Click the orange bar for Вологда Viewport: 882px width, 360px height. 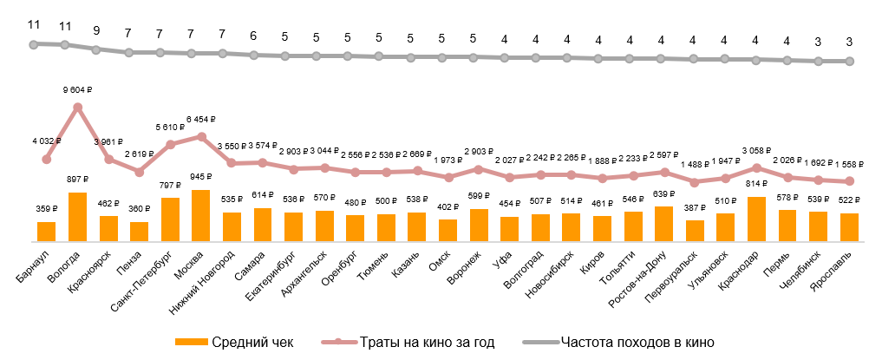click(x=77, y=217)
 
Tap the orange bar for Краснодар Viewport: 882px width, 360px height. click(x=757, y=219)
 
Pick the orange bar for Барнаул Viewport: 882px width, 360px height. click(x=46, y=232)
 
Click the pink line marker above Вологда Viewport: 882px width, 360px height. click(x=77, y=108)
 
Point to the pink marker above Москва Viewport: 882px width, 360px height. click(x=201, y=136)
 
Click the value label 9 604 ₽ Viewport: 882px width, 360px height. click(x=77, y=88)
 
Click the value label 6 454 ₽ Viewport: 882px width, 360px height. click(x=201, y=119)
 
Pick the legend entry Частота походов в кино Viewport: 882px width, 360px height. click(x=624, y=342)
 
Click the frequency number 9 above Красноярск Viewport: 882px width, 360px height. click(x=96, y=30)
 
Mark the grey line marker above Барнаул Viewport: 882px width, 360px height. click(x=34, y=43)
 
